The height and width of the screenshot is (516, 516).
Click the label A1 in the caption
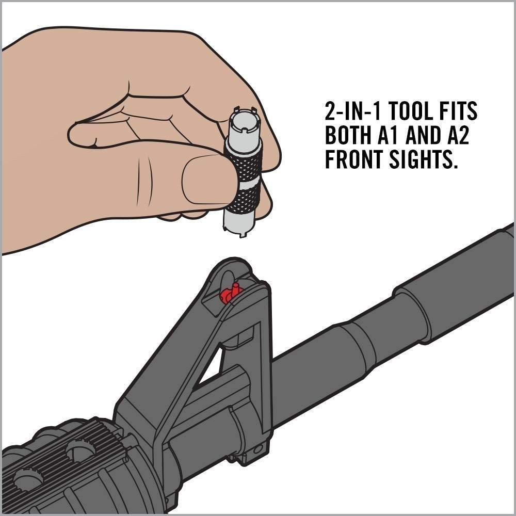pyautogui.click(x=385, y=136)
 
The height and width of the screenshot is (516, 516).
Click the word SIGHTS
pyautogui.click(x=423, y=160)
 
